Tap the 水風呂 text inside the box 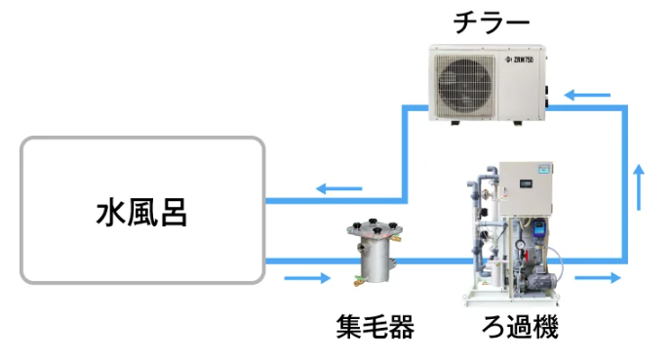[x=142, y=211]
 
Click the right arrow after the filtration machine [x=598, y=278]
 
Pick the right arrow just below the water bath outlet [x=307, y=279]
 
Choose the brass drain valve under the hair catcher [x=359, y=281]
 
